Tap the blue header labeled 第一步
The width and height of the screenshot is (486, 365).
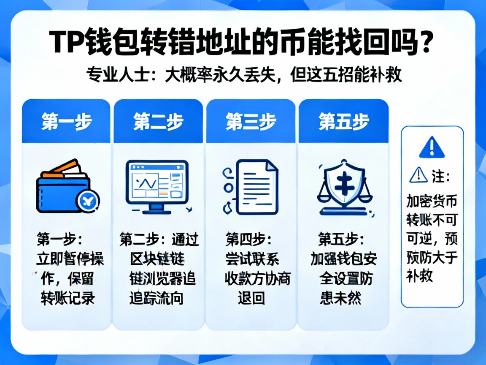[66, 122]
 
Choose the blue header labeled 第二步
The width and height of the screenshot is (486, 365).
[158, 122]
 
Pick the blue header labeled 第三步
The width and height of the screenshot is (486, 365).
[251, 122]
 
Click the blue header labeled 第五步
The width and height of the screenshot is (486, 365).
[343, 122]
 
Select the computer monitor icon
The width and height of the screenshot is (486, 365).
[157, 183]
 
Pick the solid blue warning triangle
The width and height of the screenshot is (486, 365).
[432, 147]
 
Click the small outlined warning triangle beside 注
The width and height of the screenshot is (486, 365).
[418, 174]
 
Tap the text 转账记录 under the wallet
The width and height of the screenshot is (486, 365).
[67, 298]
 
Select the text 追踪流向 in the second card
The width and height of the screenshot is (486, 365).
[156, 298]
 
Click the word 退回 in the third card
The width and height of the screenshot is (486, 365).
[251, 298]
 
